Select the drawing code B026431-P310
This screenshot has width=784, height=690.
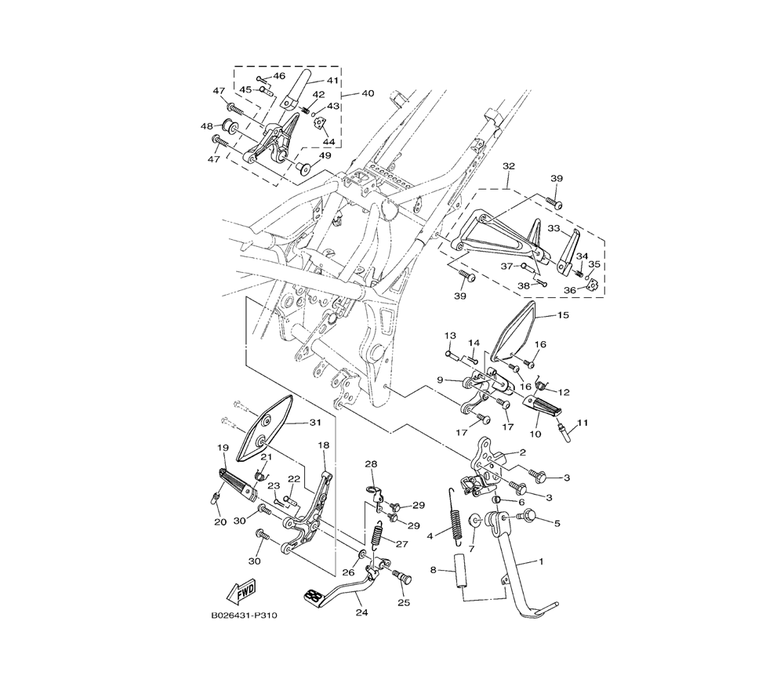244,616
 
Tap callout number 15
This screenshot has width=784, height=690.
563,315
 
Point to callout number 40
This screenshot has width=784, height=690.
368,93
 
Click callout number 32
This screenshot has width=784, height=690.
509,165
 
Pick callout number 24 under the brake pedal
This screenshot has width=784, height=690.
361,612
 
